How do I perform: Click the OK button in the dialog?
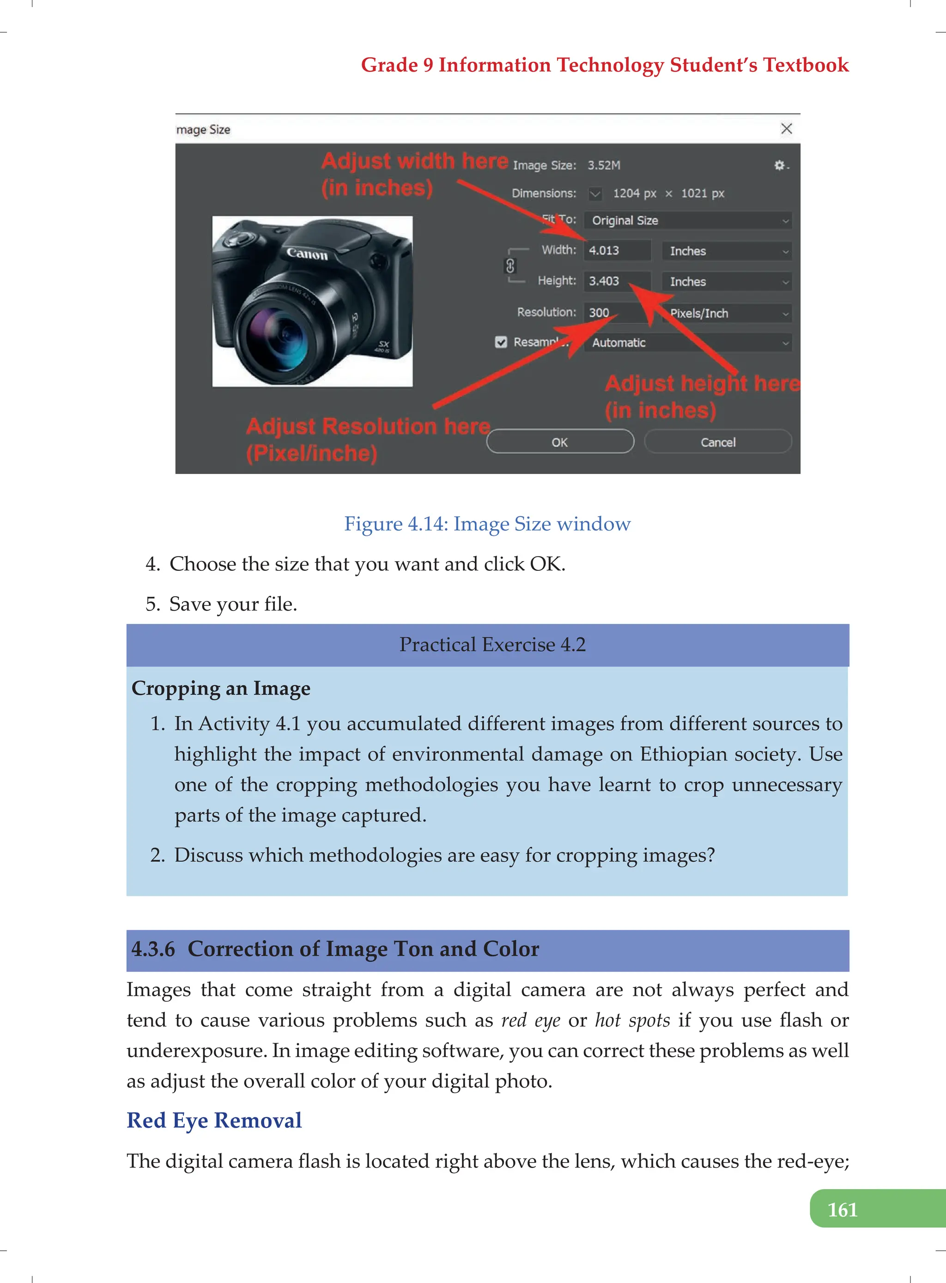pos(559,442)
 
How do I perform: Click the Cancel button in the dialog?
pos(717,442)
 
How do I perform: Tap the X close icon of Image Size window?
pos(786,129)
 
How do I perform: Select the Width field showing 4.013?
pos(616,251)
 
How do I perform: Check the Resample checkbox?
pos(501,342)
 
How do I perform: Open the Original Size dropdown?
pos(687,221)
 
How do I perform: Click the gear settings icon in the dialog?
pos(779,165)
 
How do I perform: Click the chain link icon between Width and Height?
pos(509,266)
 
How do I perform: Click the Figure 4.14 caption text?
pos(487,524)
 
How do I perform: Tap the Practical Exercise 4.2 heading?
pos(492,645)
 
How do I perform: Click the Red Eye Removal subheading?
pos(214,1120)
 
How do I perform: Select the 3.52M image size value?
pos(604,165)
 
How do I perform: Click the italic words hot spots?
pos(632,1020)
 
